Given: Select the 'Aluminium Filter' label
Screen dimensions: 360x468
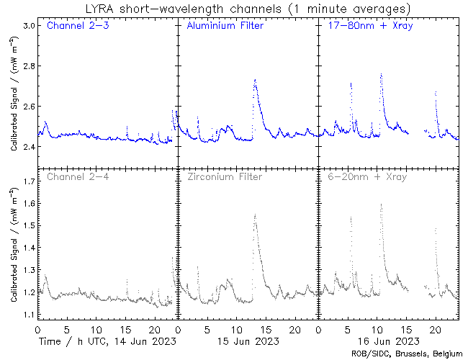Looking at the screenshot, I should click(225, 26).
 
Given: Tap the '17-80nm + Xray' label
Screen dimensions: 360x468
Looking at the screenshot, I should click(364, 26).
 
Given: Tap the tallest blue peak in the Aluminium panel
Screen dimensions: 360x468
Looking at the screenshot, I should click(255, 80).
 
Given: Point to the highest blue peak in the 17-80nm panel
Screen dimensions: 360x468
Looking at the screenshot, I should click(381, 73).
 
